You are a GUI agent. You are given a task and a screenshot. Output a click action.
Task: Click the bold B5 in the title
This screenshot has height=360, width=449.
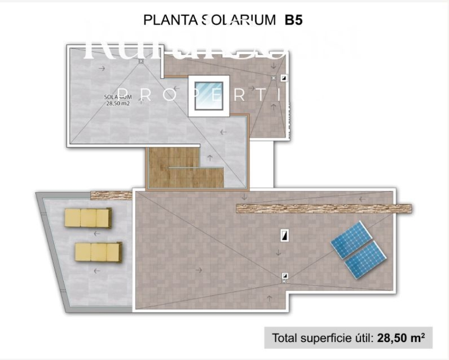pos(294,20)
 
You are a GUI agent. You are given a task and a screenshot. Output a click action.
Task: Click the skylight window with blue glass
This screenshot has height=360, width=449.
pos(208,96)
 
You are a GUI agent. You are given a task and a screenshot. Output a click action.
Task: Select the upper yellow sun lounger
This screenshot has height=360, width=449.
pos(88,218)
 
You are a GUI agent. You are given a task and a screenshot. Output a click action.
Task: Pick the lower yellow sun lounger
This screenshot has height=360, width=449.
pos(98,252)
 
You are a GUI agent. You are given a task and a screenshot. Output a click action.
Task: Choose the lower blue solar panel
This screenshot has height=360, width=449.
pos(365,260)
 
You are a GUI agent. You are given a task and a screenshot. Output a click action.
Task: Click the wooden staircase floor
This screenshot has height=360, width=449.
pos(184,169)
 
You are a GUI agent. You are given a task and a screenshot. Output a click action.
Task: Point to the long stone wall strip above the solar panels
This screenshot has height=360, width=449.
pos(324,209)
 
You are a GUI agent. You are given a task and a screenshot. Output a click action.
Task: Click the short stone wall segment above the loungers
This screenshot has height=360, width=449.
pos(111,195)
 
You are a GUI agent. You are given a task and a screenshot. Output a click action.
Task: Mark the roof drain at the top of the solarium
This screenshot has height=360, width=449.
pos(141,61)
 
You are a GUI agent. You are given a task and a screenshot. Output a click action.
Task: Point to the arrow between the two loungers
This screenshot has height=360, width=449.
pos(96,233)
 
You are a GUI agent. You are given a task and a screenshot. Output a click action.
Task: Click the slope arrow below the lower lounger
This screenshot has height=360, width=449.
pos(96,271)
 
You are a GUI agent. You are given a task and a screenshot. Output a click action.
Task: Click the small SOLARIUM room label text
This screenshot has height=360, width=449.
pos(118,97)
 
